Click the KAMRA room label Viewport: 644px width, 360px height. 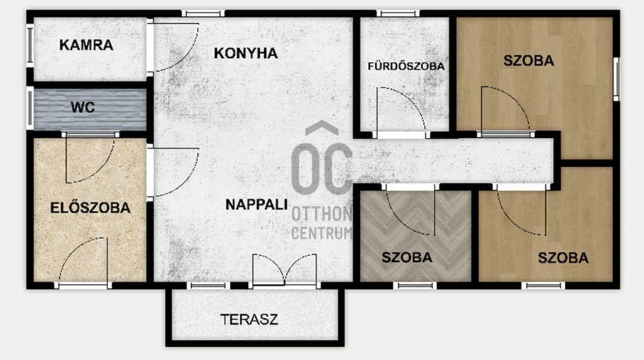(x=86, y=45)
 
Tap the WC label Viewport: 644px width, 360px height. (x=82, y=107)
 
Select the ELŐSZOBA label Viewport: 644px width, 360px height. (x=91, y=208)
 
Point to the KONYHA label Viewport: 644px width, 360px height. (x=246, y=53)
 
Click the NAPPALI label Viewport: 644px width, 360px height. (x=257, y=205)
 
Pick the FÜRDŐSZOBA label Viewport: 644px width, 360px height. (x=406, y=66)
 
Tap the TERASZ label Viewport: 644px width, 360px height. (x=249, y=319)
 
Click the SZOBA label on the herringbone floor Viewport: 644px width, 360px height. (x=407, y=257)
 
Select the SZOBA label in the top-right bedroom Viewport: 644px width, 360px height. (x=528, y=61)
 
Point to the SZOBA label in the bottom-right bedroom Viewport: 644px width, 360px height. (x=563, y=258)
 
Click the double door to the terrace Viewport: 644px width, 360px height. (x=285, y=269)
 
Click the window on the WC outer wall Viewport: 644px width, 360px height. (x=30, y=108)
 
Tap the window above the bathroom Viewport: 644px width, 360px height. (x=398, y=14)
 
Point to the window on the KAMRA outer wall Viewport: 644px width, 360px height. (x=30, y=45)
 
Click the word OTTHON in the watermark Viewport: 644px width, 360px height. (x=321, y=214)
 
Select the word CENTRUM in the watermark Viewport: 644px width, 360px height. (x=321, y=233)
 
